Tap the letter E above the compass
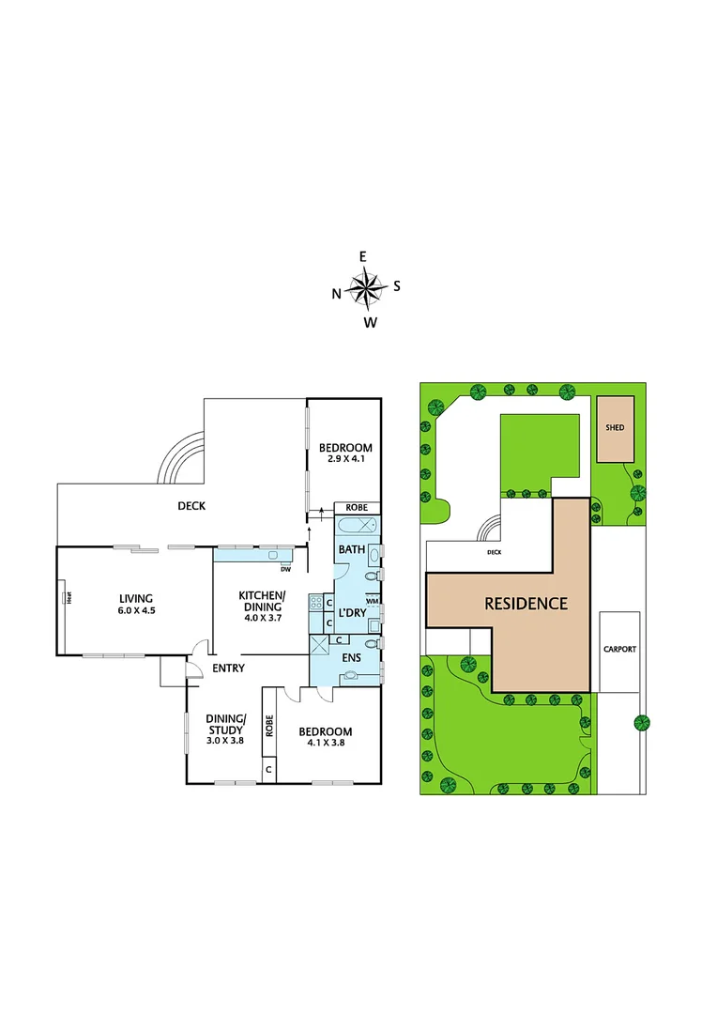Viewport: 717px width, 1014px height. pyautogui.click(x=364, y=256)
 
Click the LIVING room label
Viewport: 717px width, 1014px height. pyautogui.click(x=135, y=598)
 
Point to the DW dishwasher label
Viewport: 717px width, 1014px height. pyautogui.click(x=285, y=568)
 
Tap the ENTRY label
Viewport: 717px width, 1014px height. pyautogui.click(x=228, y=668)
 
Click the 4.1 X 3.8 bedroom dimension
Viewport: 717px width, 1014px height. pyautogui.click(x=326, y=744)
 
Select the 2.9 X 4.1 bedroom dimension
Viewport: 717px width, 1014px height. pyautogui.click(x=345, y=460)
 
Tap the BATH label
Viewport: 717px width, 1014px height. pyautogui.click(x=352, y=549)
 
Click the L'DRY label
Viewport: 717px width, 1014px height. pyautogui.click(x=351, y=613)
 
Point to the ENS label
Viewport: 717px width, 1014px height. pyautogui.click(x=351, y=657)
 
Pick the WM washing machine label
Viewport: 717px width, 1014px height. pyautogui.click(x=372, y=601)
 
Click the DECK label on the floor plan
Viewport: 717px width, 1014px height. pyautogui.click(x=191, y=506)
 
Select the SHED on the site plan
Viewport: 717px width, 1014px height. pyautogui.click(x=615, y=428)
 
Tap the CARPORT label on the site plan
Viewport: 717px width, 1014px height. pyautogui.click(x=619, y=649)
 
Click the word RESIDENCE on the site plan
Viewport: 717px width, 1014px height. pyautogui.click(x=526, y=604)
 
